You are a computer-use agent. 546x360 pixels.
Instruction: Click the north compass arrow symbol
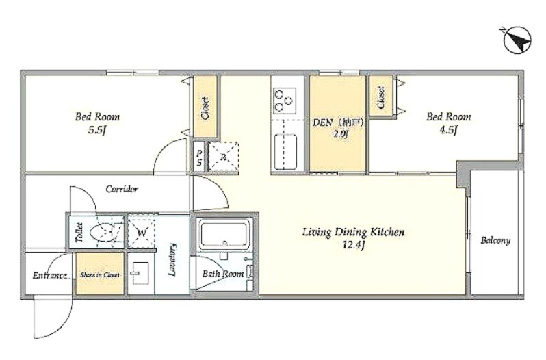517,40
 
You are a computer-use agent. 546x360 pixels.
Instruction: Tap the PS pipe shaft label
199,157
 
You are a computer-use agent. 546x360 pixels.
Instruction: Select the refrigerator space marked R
223,157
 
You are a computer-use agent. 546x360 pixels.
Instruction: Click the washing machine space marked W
142,232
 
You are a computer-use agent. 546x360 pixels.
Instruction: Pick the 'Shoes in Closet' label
100,275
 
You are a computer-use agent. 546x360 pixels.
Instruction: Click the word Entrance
50,276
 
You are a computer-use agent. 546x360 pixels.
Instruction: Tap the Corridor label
122,189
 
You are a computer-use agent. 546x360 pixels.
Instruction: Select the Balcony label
495,240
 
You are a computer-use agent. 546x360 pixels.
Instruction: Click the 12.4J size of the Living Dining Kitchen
353,246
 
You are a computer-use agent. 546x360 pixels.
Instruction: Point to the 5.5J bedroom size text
97,131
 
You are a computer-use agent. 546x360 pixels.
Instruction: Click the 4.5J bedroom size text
448,131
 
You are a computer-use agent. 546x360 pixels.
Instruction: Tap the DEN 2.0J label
338,128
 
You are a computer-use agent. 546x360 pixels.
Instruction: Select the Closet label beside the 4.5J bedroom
381,97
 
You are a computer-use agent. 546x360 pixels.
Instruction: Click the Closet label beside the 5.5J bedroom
205,108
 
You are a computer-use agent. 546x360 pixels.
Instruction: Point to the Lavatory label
172,259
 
